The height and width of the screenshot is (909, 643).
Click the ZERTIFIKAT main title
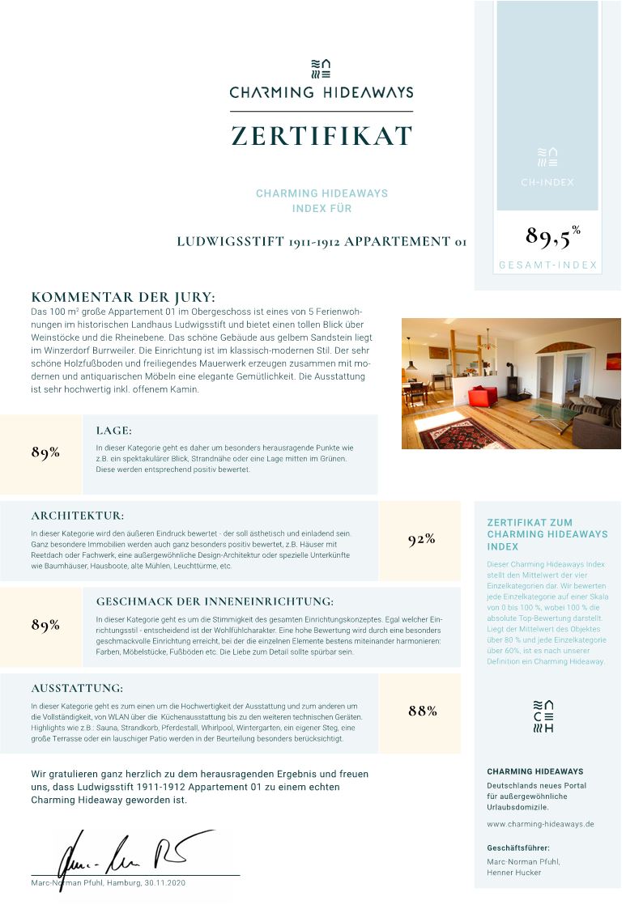coord(321,135)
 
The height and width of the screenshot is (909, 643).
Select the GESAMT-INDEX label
coord(547,265)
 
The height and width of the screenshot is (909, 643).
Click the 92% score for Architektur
coord(421,540)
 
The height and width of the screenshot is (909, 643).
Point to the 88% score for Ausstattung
coord(422,711)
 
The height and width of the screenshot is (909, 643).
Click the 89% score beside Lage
coord(45,452)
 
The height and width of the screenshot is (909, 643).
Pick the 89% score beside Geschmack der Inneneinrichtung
coord(45,625)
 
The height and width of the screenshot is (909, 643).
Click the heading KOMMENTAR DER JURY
coord(123,297)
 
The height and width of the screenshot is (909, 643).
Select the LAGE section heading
coord(113,431)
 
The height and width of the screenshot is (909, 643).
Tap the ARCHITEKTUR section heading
coord(78,516)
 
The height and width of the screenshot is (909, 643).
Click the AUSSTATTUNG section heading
coord(77,689)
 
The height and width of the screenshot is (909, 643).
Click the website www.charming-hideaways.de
coord(540,824)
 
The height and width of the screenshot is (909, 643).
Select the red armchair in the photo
coord(483,397)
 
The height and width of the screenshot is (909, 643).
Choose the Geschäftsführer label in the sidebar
coord(518,847)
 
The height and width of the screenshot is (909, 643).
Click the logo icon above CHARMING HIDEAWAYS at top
coord(321,69)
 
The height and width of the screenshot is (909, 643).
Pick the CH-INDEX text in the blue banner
coord(547,182)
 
